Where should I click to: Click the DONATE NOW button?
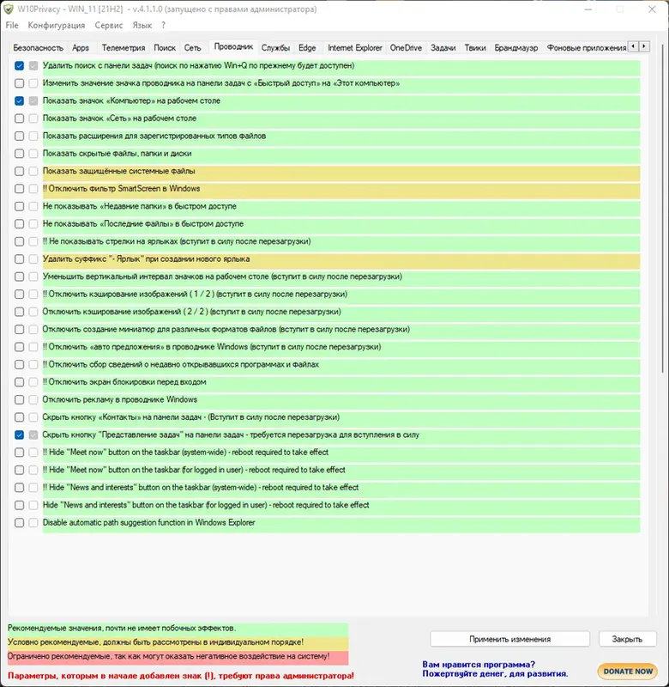(x=628, y=671)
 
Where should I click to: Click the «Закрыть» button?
(x=627, y=639)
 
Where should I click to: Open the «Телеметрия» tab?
(x=124, y=48)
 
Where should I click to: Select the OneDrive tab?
(x=406, y=48)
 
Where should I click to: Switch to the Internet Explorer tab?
(x=355, y=48)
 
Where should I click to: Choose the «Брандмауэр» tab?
(x=517, y=48)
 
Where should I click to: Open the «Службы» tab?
(x=275, y=48)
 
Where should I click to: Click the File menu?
(x=12, y=26)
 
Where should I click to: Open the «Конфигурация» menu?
(x=56, y=26)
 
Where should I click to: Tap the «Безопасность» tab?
(x=38, y=48)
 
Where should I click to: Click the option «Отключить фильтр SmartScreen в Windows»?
(x=124, y=189)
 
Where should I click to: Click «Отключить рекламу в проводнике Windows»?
(x=120, y=399)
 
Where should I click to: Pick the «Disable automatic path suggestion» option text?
(x=148, y=522)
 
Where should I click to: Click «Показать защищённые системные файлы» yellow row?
(x=119, y=171)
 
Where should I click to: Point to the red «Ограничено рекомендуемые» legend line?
(x=168, y=656)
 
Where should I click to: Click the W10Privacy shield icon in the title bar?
(x=9, y=9)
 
